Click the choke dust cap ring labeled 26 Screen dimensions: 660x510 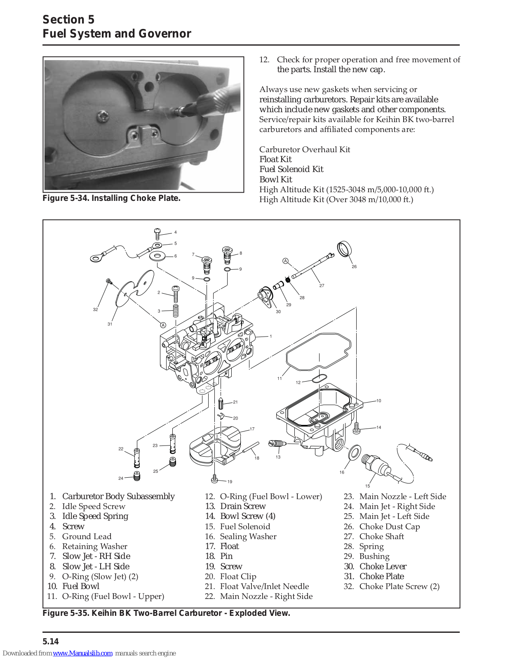coord(344,249)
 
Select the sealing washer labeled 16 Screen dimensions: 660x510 coord(355,452)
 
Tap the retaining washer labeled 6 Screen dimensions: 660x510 coord(157,256)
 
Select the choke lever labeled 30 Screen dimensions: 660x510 coord(266,297)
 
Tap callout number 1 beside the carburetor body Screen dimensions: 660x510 coord(270,337)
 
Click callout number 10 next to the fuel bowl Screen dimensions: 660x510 coord(378,401)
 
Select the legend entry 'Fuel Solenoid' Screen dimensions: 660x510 coord(245,526)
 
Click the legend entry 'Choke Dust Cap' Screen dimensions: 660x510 coord(389,526)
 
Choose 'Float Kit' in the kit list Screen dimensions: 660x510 coord(275,159)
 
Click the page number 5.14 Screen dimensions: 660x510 coord(51,641)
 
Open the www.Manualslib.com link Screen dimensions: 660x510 coord(82,653)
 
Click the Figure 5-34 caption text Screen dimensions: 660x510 coord(112,198)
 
